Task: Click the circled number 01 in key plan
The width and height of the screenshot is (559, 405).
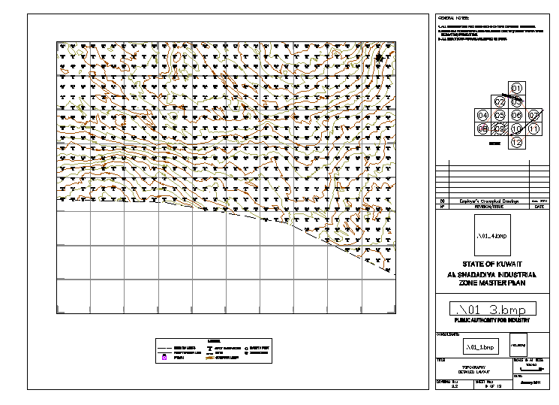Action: [516, 89]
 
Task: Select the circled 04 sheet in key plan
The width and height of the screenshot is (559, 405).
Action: [482, 116]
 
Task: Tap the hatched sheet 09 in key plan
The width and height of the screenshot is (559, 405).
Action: [500, 128]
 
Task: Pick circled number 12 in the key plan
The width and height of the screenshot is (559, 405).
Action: [516, 142]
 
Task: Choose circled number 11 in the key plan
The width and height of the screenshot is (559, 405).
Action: [533, 128]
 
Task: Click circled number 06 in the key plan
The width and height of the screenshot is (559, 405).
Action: [516, 116]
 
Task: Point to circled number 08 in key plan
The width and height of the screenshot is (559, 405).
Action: [482, 128]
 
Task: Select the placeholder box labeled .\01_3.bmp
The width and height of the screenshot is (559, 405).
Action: [492, 309]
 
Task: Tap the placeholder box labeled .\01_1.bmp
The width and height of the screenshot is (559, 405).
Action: [480, 348]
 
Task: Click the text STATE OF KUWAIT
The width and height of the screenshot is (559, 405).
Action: [492, 265]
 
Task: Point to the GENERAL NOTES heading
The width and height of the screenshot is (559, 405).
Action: [452, 16]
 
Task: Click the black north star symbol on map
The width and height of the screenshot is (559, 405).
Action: [380, 58]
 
